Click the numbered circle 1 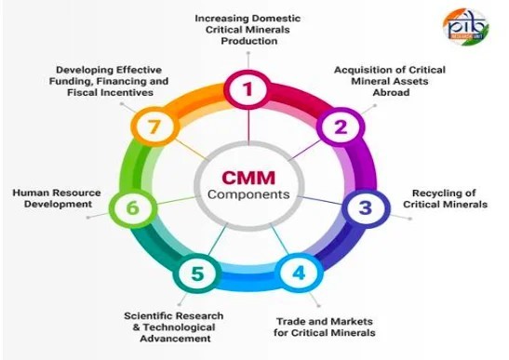(x=248, y=89)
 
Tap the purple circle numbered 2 (x=341, y=127)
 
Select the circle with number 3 (x=366, y=207)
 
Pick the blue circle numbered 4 (x=299, y=273)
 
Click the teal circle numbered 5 (x=197, y=273)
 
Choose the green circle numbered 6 (x=133, y=207)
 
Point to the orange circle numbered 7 (x=154, y=127)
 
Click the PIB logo (x=465, y=27)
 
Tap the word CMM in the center (x=248, y=178)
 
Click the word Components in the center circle (x=248, y=194)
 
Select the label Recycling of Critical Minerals (x=445, y=199)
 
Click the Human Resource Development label (x=57, y=198)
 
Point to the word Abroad (x=391, y=92)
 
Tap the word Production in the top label (x=249, y=41)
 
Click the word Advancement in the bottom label (x=175, y=339)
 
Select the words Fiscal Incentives (x=110, y=92)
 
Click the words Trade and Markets (x=325, y=321)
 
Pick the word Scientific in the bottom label (x=146, y=316)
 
